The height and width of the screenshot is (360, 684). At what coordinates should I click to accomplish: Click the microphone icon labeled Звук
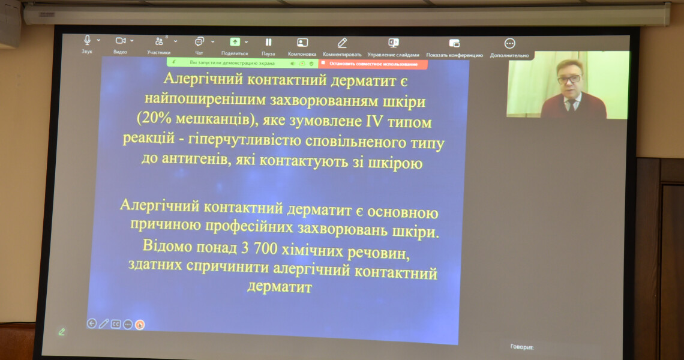pos(87,40)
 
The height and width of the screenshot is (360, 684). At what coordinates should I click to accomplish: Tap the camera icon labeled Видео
pos(121,41)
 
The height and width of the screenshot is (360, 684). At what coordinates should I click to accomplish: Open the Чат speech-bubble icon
pos(199,41)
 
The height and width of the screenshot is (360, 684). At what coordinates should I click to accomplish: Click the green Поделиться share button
pos(235,42)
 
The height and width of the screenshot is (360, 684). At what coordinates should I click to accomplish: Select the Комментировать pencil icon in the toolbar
pos(342,43)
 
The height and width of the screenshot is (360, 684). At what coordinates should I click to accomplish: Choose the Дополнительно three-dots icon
pos(509,43)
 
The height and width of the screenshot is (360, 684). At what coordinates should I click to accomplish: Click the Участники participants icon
pos(159,41)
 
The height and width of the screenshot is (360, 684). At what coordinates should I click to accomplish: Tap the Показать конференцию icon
pos(454,43)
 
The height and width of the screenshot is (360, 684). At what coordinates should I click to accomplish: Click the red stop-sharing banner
pos(373,63)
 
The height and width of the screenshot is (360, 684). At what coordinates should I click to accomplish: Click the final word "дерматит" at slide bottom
pos(280,287)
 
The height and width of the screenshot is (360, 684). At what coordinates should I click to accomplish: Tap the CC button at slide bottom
pos(116,324)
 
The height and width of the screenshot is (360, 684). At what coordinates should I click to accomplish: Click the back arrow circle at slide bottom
pos(92,323)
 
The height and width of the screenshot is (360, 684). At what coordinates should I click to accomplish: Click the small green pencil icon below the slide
pos(61,331)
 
